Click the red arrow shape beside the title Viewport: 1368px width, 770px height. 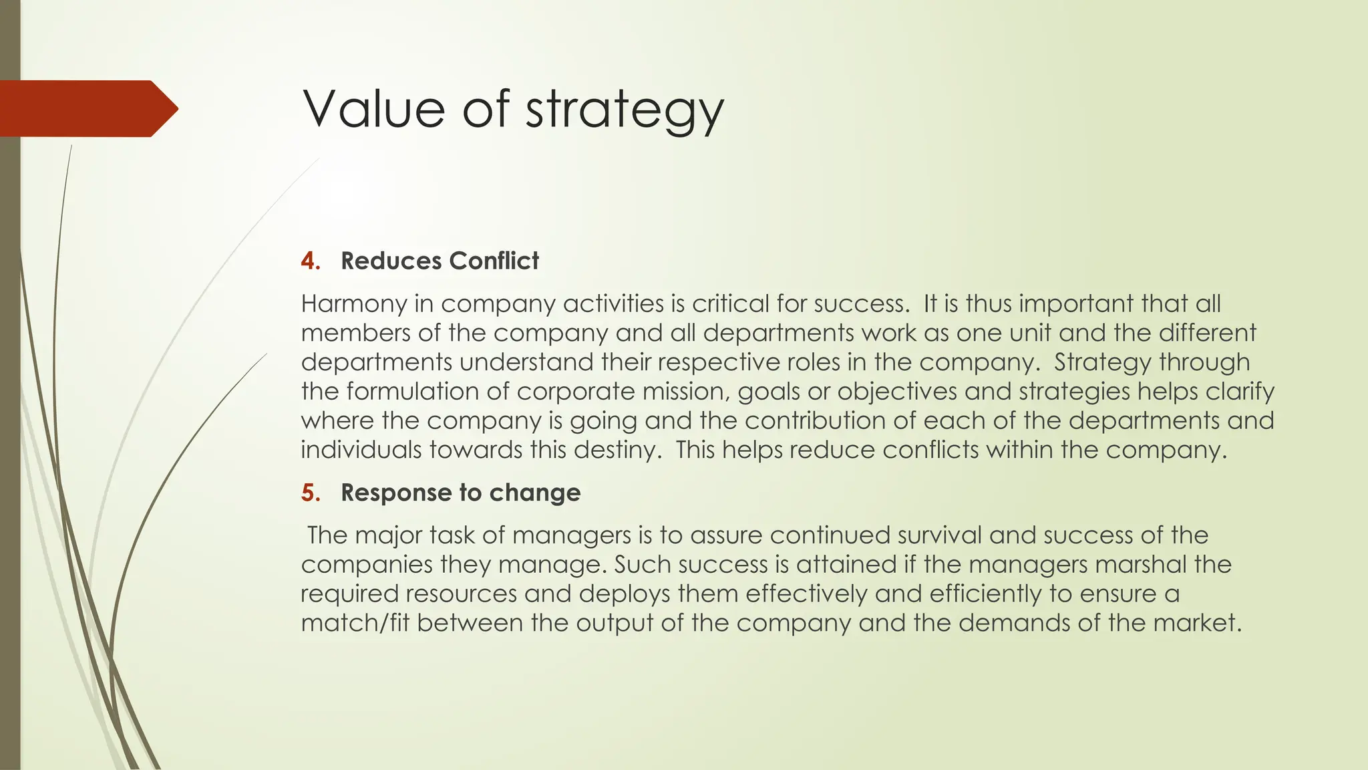(87, 108)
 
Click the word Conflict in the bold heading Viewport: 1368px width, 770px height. (494, 261)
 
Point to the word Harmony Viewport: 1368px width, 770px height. (353, 304)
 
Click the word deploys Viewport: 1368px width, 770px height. (624, 594)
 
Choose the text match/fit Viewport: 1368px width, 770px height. (355, 623)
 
